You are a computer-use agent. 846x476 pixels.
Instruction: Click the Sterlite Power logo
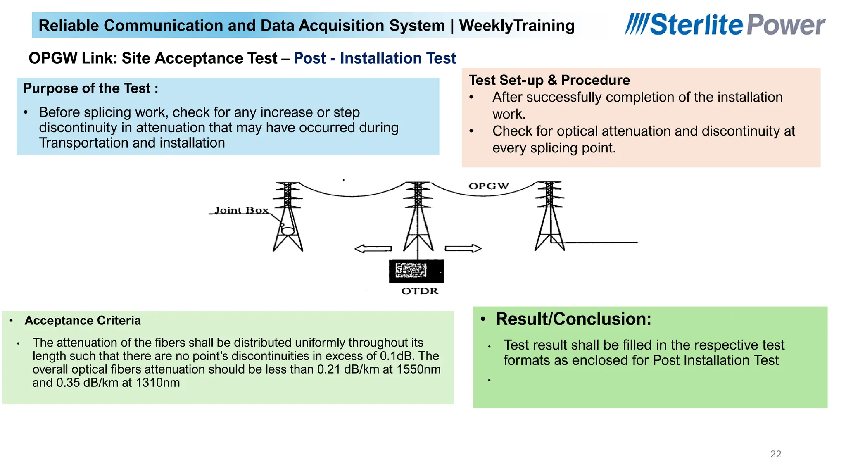725,25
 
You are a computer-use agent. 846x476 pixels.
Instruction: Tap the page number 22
776,454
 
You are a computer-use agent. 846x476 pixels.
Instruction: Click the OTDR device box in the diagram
416,271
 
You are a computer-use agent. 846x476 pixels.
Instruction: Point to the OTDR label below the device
420,291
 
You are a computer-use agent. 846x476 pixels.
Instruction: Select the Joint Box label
241,210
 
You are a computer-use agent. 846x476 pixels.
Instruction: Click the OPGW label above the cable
488,186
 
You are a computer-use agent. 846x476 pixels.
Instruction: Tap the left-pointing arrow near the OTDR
373,249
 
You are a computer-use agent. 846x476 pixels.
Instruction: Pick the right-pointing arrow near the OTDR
463,248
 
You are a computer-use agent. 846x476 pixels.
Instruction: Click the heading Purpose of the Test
90,88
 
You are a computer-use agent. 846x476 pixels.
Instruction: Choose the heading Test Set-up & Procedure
549,80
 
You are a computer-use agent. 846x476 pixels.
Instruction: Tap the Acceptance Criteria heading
83,321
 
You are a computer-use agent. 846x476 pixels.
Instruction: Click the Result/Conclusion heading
573,319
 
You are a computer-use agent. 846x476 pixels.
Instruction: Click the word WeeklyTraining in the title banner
517,26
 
